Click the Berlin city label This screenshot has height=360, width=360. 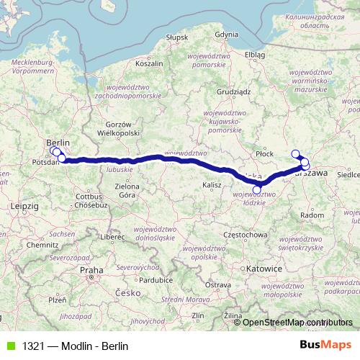58,142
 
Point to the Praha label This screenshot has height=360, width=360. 92,270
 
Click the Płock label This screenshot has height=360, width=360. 265,153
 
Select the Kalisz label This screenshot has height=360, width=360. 211,185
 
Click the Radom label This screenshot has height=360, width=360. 311,215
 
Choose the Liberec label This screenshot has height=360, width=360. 113,236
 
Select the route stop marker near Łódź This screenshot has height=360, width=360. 257,189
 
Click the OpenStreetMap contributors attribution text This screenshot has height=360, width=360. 297,323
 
